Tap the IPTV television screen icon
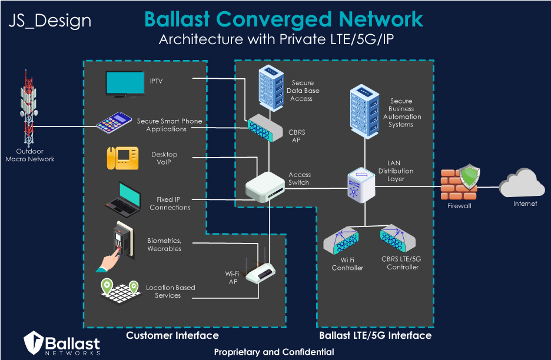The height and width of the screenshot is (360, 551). pyautogui.click(x=125, y=83)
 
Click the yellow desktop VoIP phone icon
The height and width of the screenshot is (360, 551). pyautogui.click(x=122, y=158)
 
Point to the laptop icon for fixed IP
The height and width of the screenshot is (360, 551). pyautogui.click(x=123, y=199)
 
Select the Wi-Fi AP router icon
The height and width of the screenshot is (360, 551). pyautogui.click(x=260, y=273)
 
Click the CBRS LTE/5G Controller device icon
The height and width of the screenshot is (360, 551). pyautogui.click(x=397, y=239)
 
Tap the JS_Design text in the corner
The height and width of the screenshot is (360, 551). pyautogui.click(x=50, y=21)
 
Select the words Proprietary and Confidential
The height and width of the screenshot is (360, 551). pyautogui.click(x=274, y=352)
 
